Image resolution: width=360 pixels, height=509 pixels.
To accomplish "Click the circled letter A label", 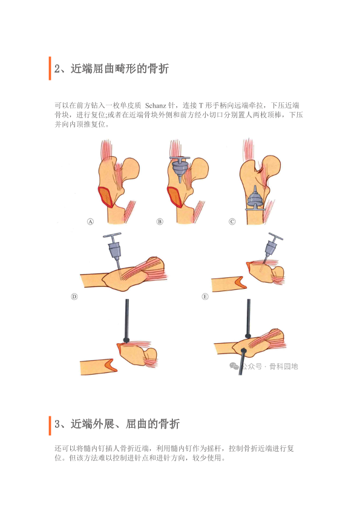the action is [x=90, y=222].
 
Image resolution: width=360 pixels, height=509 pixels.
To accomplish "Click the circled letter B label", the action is [x=160, y=222].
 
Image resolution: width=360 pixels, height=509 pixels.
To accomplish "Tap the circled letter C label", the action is [x=232, y=222].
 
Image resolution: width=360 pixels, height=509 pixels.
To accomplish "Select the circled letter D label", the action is [x=74, y=297].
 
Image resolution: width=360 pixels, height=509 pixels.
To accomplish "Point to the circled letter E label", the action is [x=205, y=297].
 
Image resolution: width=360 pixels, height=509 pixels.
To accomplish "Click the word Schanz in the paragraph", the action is [x=155, y=105].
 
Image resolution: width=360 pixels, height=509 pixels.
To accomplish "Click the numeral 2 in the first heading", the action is [x=57, y=69].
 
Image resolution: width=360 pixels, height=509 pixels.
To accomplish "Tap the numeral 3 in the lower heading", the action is [x=57, y=424].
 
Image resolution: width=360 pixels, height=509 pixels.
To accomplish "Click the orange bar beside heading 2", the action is [x=50, y=68].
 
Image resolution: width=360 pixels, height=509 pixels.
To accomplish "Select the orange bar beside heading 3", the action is [x=50, y=425].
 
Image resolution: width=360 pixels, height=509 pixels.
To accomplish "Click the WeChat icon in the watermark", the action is [x=234, y=366].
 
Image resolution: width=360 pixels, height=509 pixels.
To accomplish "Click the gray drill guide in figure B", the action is [x=180, y=167].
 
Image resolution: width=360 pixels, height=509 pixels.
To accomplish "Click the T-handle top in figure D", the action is [x=112, y=235].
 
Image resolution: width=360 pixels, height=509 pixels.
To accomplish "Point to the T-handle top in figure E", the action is [x=276, y=236].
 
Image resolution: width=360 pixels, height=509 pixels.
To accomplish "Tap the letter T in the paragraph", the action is [x=201, y=105].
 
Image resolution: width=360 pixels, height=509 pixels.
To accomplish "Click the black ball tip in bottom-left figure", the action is [x=126, y=340].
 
